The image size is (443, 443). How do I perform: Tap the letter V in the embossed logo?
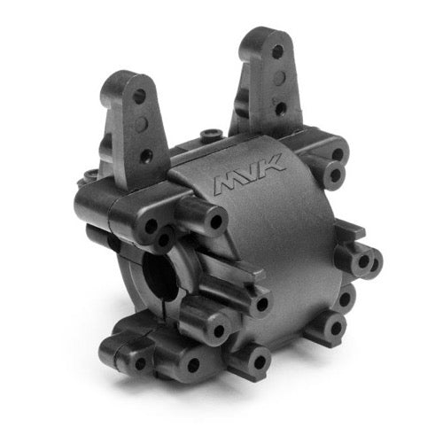[x=252, y=171]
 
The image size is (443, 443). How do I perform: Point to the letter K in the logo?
[x=273, y=164]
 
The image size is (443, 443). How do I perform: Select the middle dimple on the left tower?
[x=142, y=123]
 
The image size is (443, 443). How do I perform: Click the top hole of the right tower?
[x=277, y=52]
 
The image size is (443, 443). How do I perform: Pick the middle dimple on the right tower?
[x=280, y=78]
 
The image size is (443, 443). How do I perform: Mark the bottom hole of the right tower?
[x=280, y=108]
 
